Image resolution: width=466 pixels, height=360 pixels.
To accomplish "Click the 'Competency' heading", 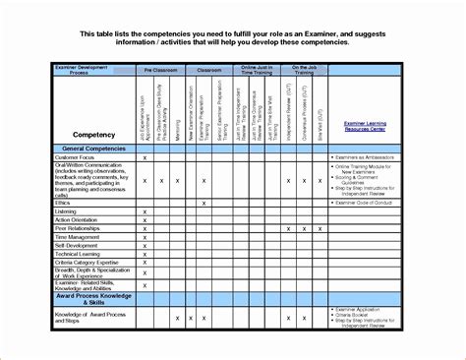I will click(x=95, y=133).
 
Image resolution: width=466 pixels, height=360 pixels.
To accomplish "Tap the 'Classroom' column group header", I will click(x=209, y=72).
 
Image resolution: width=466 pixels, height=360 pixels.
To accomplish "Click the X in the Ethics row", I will click(x=204, y=203).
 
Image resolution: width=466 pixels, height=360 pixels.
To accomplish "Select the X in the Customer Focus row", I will click(x=145, y=157).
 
